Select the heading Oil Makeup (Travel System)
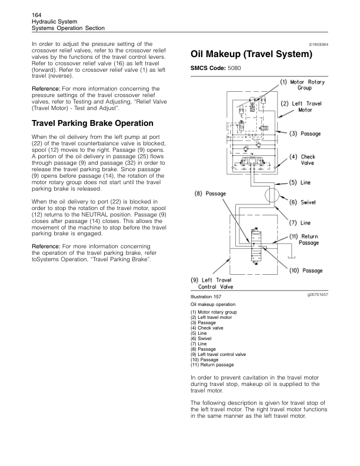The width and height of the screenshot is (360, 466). tap(251, 55)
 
